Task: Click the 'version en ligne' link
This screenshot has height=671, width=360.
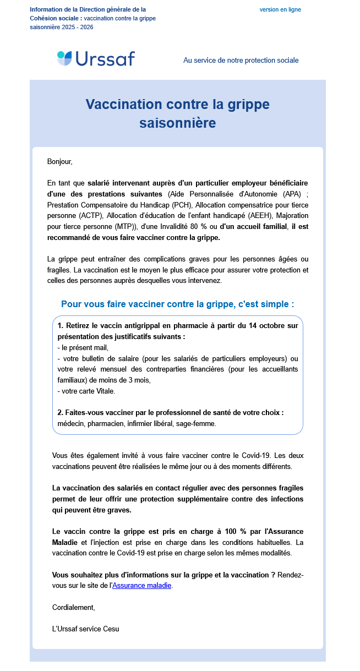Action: (280, 10)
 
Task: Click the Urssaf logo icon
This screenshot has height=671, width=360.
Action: (64, 58)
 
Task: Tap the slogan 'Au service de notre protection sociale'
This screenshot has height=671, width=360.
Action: (241, 61)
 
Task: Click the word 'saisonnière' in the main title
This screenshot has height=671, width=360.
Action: (177, 123)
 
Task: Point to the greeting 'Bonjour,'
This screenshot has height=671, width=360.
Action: (60, 162)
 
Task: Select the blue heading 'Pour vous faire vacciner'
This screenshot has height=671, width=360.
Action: (177, 304)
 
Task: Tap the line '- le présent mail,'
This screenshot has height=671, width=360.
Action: (83, 347)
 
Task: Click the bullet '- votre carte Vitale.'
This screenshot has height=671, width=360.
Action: (86, 391)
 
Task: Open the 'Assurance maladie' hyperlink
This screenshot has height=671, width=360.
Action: (142, 586)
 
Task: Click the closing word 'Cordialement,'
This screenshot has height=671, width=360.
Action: (74, 607)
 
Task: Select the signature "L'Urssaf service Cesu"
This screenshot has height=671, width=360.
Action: (85, 629)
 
